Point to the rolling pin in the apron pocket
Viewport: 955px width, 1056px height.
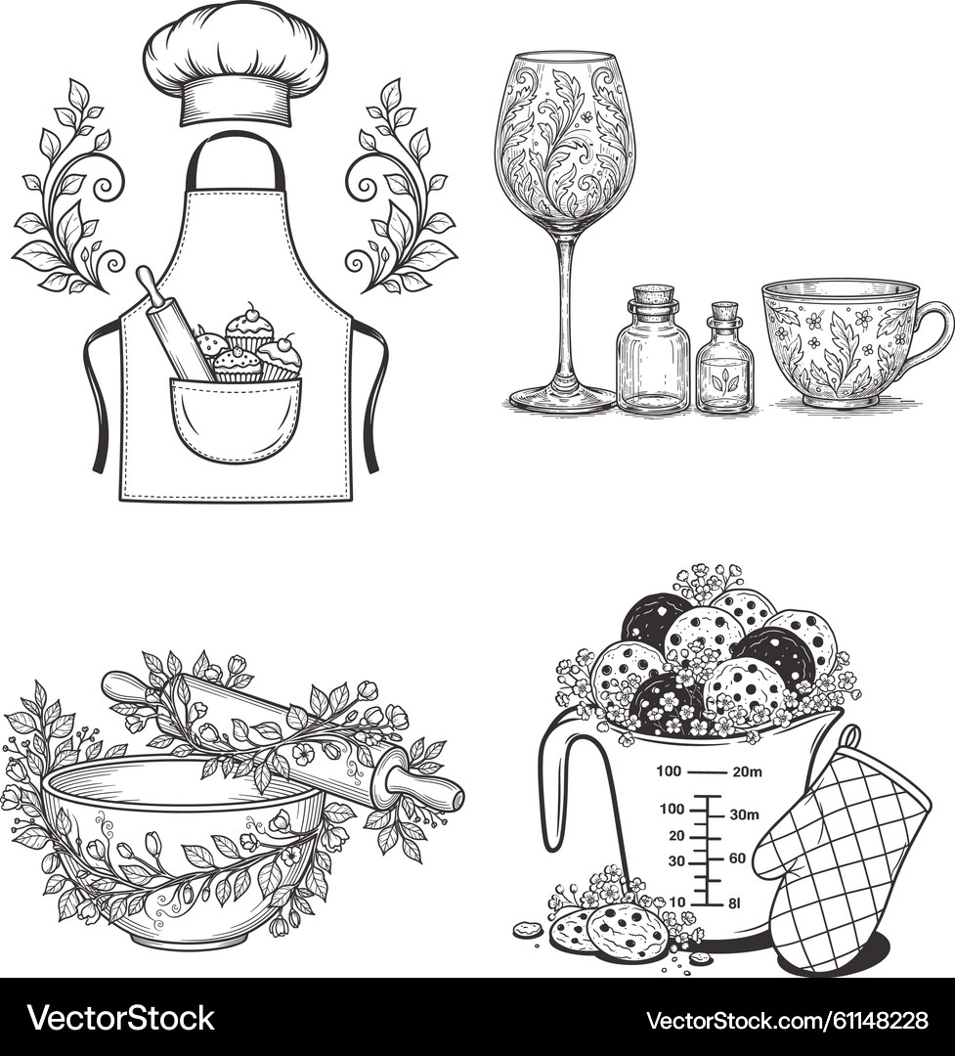(174, 323)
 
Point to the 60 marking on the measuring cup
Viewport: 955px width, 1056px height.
(737, 858)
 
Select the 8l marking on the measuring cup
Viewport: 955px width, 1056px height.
(736, 902)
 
